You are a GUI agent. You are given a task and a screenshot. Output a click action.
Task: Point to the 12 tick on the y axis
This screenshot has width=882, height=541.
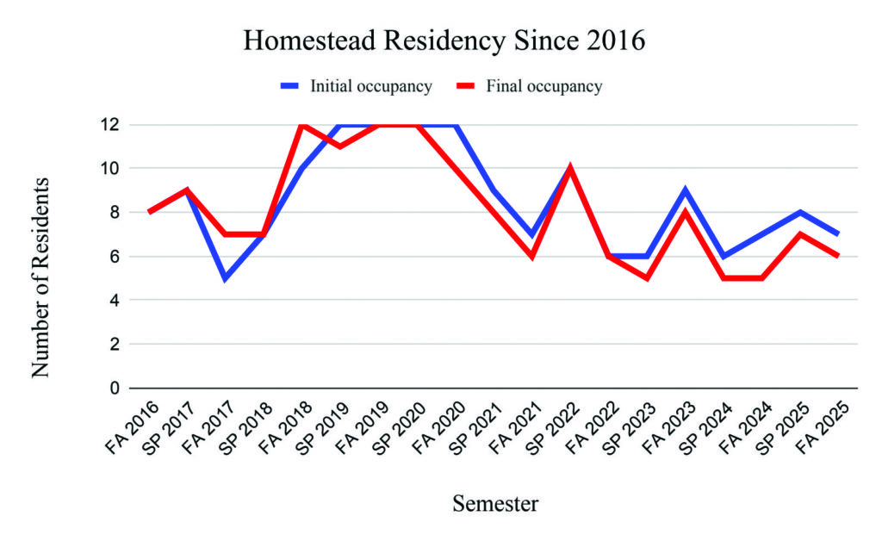pyautogui.click(x=110, y=125)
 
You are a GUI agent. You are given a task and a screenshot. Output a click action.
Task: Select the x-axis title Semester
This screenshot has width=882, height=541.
pyautogui.click(x=495, y=504)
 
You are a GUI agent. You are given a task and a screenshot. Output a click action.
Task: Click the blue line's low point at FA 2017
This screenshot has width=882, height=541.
pyautogui.click(x=226, y=278)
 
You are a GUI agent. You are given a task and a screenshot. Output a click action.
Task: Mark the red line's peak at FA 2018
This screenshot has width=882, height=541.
pyautogui.click(x=302, y=125)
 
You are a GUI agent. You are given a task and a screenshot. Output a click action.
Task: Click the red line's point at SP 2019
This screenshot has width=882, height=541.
pyautogui.click(x=341, y=146)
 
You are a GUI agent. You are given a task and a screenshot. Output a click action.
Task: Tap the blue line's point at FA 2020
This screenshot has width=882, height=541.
pyautogui.click(x=457, y=126)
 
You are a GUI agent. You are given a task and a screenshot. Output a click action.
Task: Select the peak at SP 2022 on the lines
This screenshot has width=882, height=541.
pyautogui.click(x=570, y=168)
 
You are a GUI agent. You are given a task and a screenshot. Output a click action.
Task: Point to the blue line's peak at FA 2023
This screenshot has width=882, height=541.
pyautogui.click(x=684, y=190)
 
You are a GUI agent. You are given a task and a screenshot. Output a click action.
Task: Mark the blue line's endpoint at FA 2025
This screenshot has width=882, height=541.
pyautogui.click(x=837, y=233)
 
